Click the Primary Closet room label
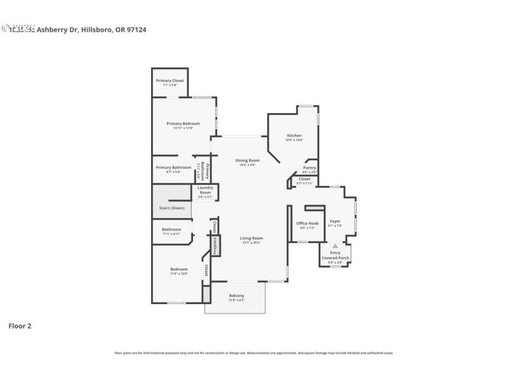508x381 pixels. click(x=170, y=81)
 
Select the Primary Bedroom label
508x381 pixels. click(x=183, y=123)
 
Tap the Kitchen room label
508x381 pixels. click(x=294, y=135)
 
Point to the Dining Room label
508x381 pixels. click(x=248, y=160)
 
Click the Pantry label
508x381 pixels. click(x=309, y=168)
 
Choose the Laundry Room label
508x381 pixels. click(x=205, y=189)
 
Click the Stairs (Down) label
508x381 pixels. click(x=171, y=208)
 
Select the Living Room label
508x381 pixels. click(x=251, y=238)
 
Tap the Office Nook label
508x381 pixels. click(x=307, y=223)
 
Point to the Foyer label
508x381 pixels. click(x=335, y=221)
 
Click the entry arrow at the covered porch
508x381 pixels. click(x=335, y=246)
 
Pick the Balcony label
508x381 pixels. click(x=236, y=296)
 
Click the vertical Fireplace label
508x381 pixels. click(x=215, y=245)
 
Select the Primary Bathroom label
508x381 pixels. click(x=173, y=168)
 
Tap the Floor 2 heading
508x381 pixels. click(x=20, y=326)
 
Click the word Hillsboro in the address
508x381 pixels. click(x=97, y=29)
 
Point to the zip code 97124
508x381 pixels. click(x=137, y=29)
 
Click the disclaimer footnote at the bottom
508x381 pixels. click(x=253, y=352)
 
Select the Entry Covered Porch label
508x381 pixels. click(x=335, y=255)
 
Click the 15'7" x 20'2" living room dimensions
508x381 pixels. click(x=251, y=243)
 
